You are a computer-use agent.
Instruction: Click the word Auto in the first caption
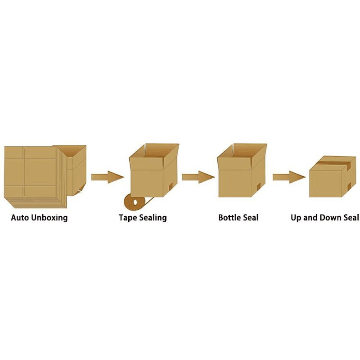[x=19, y=218]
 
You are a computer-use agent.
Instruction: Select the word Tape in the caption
[x=127, y=218]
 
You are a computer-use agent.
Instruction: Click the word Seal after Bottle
[x=251, y=218]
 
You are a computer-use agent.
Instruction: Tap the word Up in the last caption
[x=297, y=218]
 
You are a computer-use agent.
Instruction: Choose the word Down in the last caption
[x=332, y=218]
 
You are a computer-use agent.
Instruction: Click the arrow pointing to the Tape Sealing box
[x=107, y=177]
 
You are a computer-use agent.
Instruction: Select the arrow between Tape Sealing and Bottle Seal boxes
[x=198, y=176]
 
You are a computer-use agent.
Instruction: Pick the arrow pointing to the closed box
[x=289, y=177]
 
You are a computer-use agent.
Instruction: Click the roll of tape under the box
[x=135, y=203]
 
